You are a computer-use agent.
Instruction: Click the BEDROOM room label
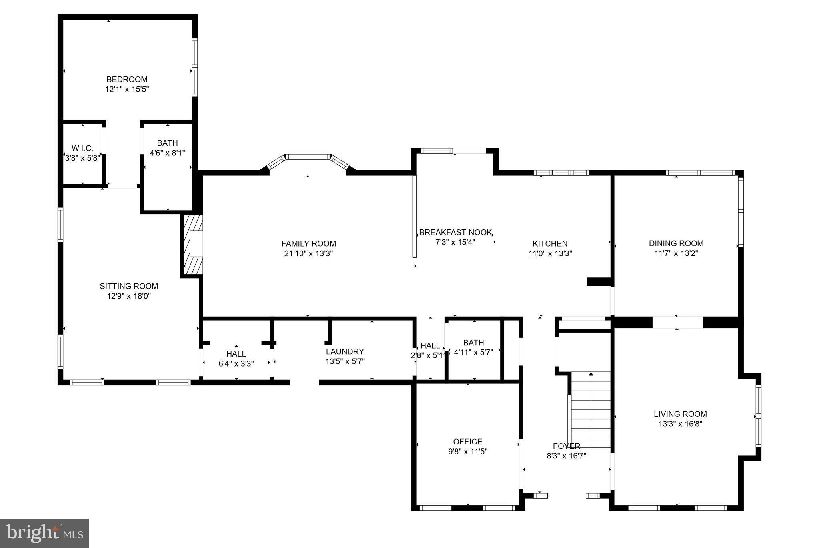pos(127,79)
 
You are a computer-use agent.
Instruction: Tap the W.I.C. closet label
pos(82,148)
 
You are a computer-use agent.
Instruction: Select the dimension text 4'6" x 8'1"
pos(167,153)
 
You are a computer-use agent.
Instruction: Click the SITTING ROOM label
pos(129,286)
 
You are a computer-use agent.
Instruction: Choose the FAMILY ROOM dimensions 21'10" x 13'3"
pos(308,253)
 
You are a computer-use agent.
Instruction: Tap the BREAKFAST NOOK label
pos(455,232)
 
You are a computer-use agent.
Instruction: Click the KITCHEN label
pos(550,243)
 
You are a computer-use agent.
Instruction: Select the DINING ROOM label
pos(676,243)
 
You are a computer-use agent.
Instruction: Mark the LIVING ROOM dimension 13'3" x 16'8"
pos(680,424)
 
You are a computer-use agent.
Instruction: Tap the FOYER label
pos(566,446)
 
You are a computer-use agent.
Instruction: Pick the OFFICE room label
pos(467,442)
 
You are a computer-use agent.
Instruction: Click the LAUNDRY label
pos(345,351)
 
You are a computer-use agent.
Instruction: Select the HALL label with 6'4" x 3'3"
pos(236,354)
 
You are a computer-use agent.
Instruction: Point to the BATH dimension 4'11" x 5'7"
pos(473,353)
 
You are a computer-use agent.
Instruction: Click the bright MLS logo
pos(44,533)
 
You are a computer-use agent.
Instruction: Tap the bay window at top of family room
pos(308,157)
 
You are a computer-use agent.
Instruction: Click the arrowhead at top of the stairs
pos(591,374)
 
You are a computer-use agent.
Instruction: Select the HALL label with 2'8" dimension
pos(430,345)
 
